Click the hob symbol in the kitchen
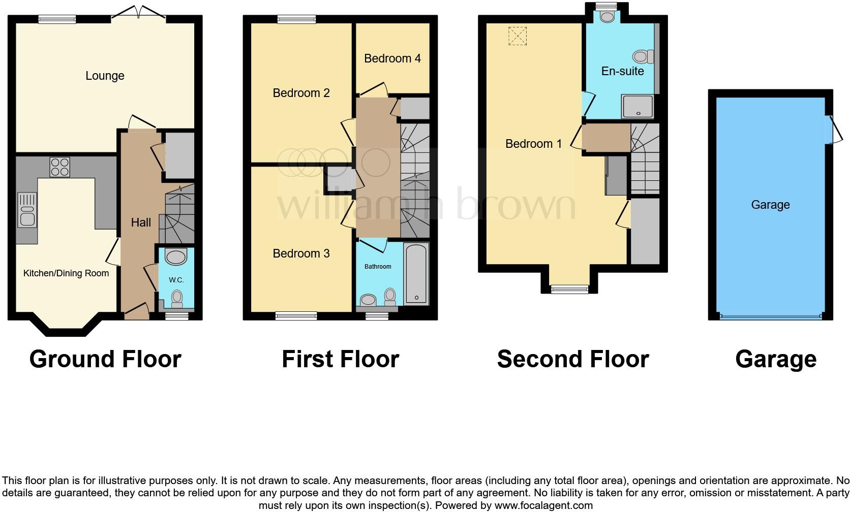tap(60, 167)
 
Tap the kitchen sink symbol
tap(27, 210)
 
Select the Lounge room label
tap(105, 76)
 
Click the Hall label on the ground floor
tap(141, 222)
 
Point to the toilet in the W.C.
tap(177, 298)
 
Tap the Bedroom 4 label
tap(392, 58)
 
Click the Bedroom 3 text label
tap(301, 253)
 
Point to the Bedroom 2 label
tap(301, 93)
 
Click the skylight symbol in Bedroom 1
tap(518, 36)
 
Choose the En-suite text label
tap(622, 71)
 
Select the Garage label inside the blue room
tap(770, 205)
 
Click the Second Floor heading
tap(572, 359)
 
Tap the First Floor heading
tap(340, 359)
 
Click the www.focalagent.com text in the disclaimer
tap(543, 505)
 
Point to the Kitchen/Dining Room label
tap(66, 273)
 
